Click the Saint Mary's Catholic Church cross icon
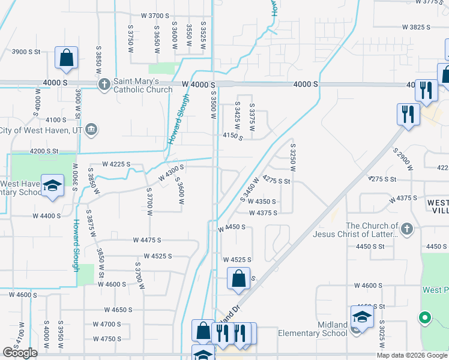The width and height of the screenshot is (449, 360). click(x=104, y=83)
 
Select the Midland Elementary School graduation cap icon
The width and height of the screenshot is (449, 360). click(x=362, y=317)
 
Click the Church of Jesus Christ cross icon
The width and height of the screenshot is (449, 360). click(x=406, y=229)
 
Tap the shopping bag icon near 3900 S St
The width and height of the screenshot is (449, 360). click(x=66, y=58)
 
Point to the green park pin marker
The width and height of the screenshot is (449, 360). click(x=425, y=318)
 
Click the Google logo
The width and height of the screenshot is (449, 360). click(x=20, y=353)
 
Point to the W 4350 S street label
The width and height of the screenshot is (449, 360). click(x=262, y=202)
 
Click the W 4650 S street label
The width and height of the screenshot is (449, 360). click(x=118, y=310)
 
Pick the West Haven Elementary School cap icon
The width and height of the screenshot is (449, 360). click(x=53, y=187)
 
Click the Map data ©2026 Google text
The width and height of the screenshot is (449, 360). click(x=412, y=355)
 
